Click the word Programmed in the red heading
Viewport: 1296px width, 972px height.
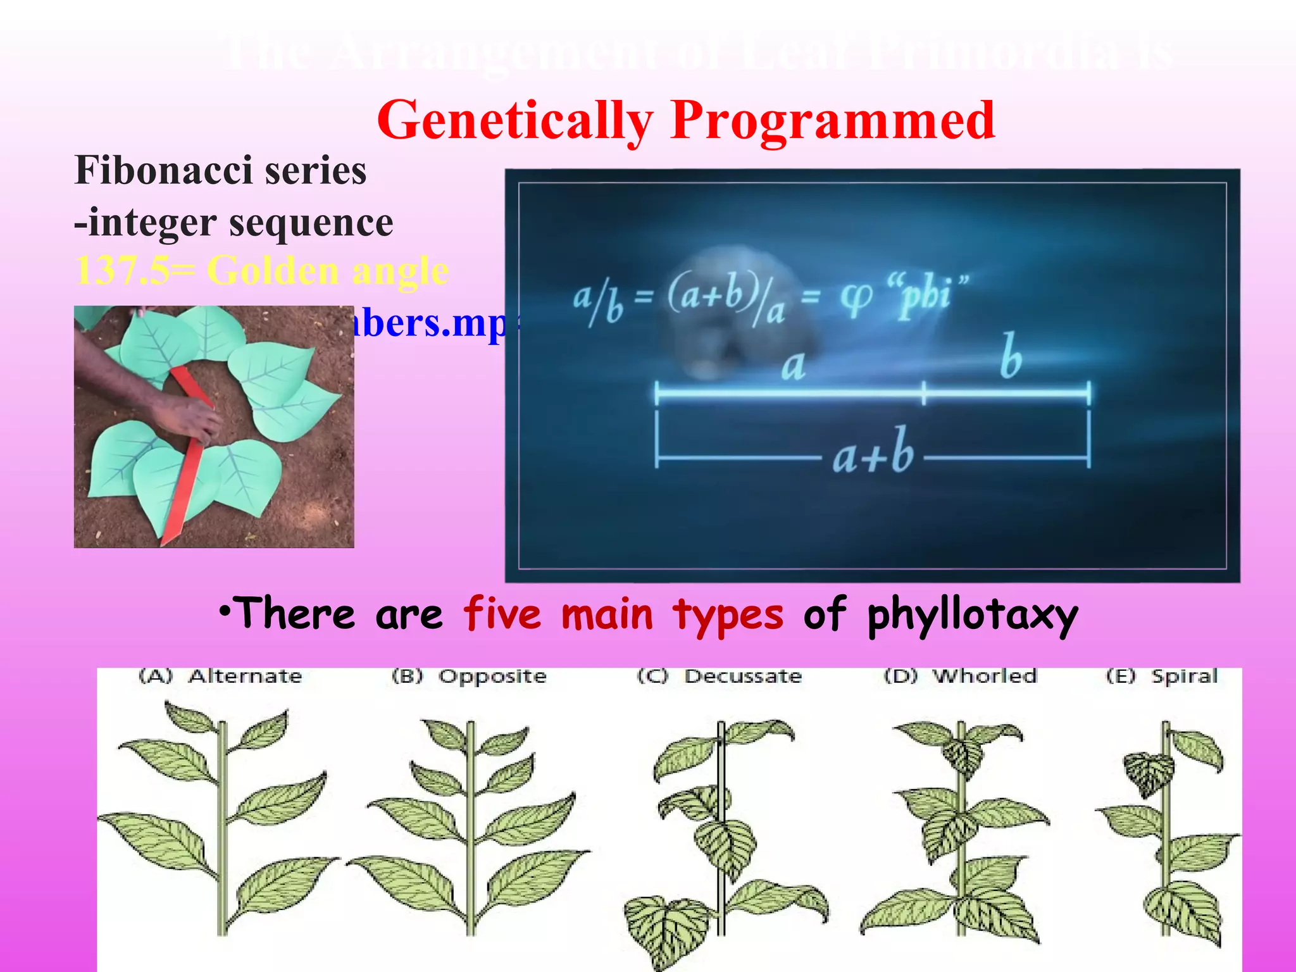[x=833, y=120]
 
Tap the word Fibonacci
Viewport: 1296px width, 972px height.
[x=163, y=171]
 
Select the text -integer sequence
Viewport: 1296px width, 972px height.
[x=234, y=223]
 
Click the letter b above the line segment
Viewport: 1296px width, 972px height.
[x=1011, y=357]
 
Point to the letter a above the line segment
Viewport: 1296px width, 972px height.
[x=793, y=366]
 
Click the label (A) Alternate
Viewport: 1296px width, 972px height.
[x=221, y=676]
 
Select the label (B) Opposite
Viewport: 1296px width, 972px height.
[x=469, y=676]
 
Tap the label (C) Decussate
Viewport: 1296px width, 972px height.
[x=720, y=676]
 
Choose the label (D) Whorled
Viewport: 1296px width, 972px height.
[x=961, y=676]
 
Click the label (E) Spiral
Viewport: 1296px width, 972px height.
[x=1162, y=676]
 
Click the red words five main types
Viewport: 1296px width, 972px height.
[x=623, y=614]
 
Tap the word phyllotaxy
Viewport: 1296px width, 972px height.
[x=972, y=615]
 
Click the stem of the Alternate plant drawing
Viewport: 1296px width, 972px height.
[x=221, y=823]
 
